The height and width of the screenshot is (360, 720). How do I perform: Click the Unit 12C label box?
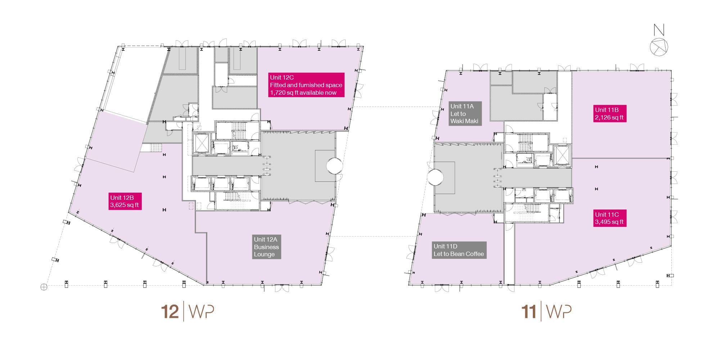(306, 85)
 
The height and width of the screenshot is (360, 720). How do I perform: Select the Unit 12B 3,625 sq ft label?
(125, 201)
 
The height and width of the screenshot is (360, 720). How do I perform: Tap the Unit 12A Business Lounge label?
(266, 247)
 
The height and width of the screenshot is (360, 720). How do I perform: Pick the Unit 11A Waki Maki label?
(465, 113)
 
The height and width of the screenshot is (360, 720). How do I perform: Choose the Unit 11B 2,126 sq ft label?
(610, 114)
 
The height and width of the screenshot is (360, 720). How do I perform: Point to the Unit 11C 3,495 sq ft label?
(610, 218)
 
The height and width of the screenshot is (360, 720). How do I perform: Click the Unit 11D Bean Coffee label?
(459, 250)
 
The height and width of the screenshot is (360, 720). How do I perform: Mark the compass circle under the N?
(659, 47)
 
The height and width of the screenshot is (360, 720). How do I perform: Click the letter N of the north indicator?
(659, 30)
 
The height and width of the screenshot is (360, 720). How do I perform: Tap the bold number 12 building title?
(170, 312)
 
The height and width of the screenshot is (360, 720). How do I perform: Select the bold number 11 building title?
(529, 312)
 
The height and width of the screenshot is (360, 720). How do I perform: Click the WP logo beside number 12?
(201, 312)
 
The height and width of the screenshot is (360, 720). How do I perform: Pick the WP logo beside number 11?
(559, 312)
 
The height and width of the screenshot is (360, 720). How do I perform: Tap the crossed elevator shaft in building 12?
(201, 143)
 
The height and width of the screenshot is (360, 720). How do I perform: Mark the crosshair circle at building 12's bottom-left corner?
(44, 287)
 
